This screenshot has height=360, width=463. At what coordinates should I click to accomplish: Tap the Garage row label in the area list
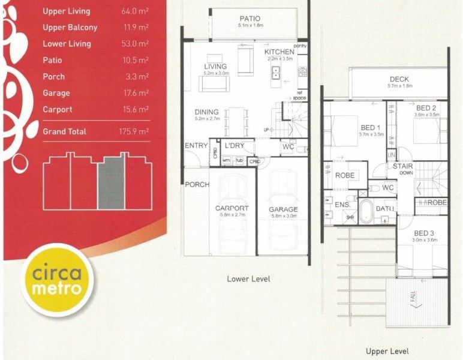56,93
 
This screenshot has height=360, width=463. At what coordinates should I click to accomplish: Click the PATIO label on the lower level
249,19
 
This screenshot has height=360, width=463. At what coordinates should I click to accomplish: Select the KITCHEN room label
279,52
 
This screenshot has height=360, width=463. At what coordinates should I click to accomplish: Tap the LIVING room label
215,66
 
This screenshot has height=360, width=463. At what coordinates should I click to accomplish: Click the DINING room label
206,112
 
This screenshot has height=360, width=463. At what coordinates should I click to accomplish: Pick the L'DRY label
233,146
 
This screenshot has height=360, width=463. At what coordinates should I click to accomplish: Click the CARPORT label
231,209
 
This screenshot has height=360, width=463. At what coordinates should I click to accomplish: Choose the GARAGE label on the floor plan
284,209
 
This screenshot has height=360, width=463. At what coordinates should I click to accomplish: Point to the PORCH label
197,184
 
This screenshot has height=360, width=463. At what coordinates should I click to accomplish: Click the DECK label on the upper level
399,79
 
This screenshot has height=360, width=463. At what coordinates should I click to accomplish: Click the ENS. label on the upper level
342,205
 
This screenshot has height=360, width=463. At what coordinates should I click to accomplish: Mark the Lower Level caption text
248,279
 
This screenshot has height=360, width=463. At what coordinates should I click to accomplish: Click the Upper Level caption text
387,351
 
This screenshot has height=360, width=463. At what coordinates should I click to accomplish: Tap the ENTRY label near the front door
196,146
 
